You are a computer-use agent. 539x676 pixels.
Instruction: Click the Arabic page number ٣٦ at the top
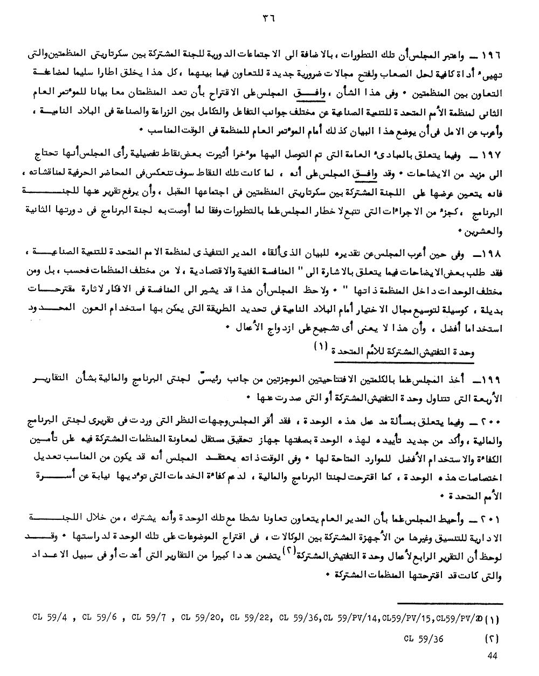tap(268, 17)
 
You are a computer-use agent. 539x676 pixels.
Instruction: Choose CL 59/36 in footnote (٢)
tap(423, 639)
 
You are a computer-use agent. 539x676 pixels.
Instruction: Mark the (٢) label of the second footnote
tap(491, 639)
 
